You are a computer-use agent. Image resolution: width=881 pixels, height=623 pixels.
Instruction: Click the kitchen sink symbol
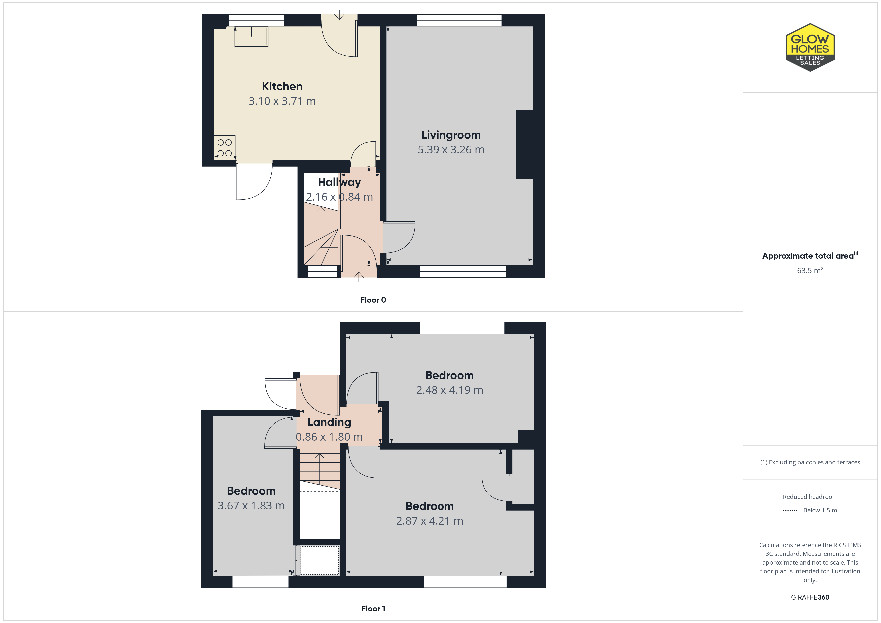(x=251, y=36)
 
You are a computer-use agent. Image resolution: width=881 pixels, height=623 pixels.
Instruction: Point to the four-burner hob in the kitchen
(x=224, y=148)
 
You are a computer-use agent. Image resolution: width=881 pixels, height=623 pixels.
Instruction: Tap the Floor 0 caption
(x=373, y=300)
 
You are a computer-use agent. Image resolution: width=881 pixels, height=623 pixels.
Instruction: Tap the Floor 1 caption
(x=373, y=609)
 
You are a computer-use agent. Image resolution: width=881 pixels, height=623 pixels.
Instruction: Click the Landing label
(x=329, y=422)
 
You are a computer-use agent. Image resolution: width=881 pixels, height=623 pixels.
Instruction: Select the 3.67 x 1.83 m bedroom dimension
(x=251, y=506)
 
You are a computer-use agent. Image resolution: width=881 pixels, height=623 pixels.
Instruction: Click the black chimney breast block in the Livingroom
(x=524, y=144)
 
